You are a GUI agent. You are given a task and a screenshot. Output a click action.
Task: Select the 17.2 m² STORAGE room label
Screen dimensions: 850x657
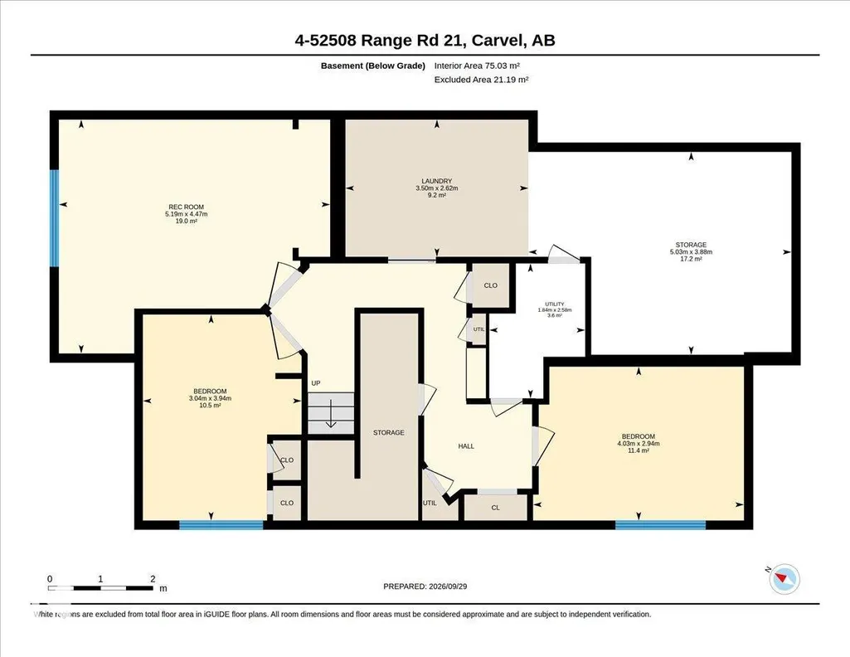click(x=691, y=251)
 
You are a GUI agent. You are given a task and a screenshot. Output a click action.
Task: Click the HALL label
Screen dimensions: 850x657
click(x=466, y=446)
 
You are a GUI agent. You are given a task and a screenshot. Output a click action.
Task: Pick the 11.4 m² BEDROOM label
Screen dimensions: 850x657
click(x=638, y=444)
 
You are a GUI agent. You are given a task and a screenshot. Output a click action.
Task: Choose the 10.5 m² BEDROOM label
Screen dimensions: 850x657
click(x=210, y=398)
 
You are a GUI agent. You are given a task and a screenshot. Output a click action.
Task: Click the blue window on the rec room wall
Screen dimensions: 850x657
click(x=54, y=218)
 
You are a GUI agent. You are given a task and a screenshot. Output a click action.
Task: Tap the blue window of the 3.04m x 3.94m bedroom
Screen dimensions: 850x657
click(x=221, y=525)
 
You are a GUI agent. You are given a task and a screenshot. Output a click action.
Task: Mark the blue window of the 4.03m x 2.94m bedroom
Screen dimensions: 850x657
click(x=661, y=525)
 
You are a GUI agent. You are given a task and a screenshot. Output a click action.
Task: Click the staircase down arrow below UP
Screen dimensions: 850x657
click(x=331, y=414)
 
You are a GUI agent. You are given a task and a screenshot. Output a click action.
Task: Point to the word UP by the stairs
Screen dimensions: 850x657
click(x=315, y=383)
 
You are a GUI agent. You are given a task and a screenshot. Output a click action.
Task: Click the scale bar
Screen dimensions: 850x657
click(x=101, y=588)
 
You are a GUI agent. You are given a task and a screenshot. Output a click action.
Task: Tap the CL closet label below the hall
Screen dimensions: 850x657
click(x=495, y=508)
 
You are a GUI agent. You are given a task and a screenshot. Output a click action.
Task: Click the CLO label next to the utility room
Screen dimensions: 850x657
click(x=491, y=285)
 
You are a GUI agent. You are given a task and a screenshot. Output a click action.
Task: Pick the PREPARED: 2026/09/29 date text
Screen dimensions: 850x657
click(x=425, y=586)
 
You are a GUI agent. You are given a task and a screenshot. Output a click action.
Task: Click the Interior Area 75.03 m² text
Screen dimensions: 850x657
click(x=477, y=66)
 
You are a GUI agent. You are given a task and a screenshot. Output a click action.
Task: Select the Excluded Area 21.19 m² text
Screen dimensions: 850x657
click(x=481, y=80)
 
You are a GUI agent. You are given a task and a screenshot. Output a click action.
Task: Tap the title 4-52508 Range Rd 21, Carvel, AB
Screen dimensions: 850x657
click(x=425, y=40)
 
